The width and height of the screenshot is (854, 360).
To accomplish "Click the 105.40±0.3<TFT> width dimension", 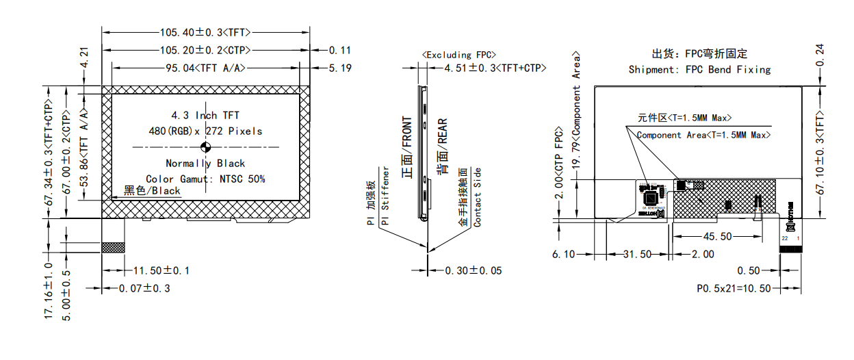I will tap(205, 32).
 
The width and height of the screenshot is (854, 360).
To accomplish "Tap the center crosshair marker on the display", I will tap(205, 147).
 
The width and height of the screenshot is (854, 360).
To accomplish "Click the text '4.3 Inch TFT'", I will tap(205, 115).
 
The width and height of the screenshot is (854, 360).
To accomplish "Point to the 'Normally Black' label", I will tap(205, 164).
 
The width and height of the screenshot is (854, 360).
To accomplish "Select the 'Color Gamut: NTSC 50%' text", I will tap(205, 179).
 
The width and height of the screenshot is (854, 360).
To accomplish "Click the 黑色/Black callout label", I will tap(152, 191).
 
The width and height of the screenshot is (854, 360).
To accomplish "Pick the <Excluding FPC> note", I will tap(459, 55).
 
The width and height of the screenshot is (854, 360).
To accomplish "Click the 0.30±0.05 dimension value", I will tap(473, 270).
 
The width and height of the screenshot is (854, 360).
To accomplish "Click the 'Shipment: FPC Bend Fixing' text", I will tap(699, 69).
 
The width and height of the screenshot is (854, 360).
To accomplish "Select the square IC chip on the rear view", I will tap(651, 197).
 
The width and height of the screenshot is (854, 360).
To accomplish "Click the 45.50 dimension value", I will tap(717, 236).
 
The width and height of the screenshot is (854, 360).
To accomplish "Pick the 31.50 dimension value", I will tap(637, 254).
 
